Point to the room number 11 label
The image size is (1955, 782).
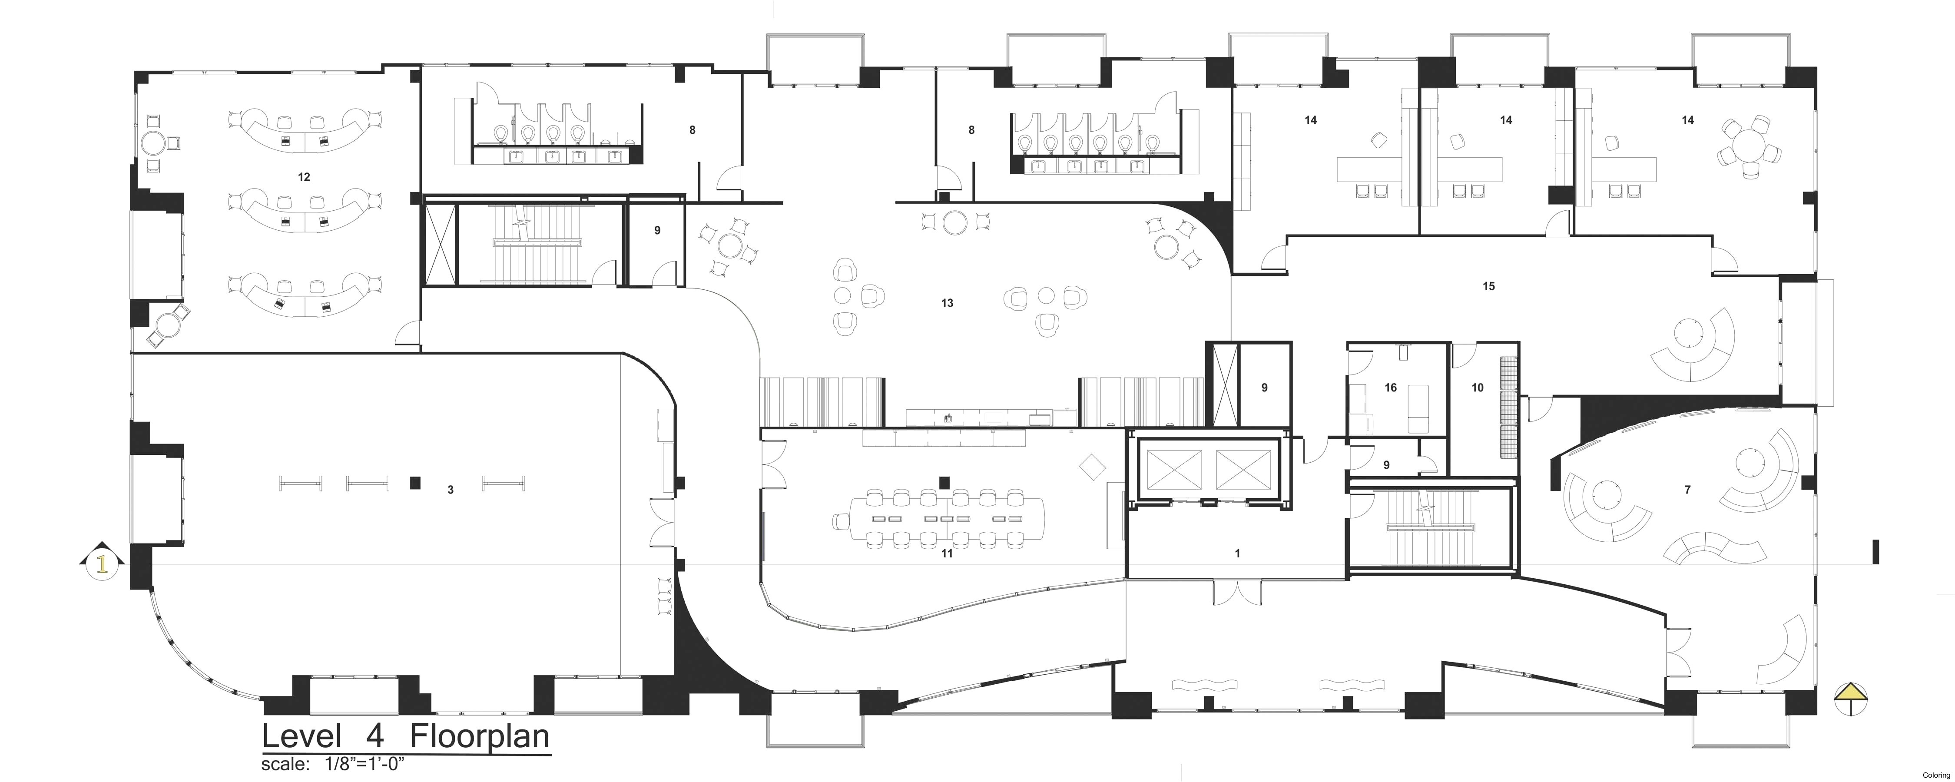[x=946, y=553]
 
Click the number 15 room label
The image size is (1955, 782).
[x=1488, y=286]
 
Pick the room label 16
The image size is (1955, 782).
[x=1390, y=388]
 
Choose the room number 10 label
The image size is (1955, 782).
[x=1477, y=388]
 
